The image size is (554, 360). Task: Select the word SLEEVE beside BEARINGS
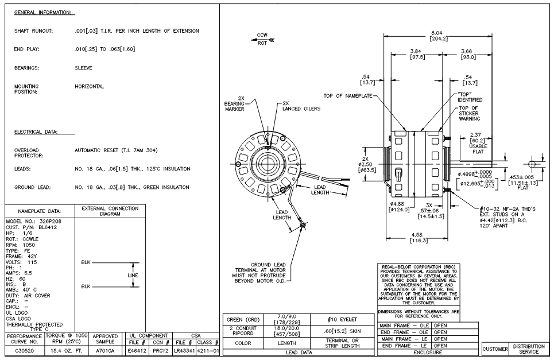coord(84,67)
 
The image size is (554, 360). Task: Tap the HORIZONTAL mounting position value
coord(90,87)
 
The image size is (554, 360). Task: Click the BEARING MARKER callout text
coord(237,105)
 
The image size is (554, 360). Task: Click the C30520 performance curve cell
coord(22,349)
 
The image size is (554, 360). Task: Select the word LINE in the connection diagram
coord(133,275)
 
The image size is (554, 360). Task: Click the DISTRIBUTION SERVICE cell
coord(529,348)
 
